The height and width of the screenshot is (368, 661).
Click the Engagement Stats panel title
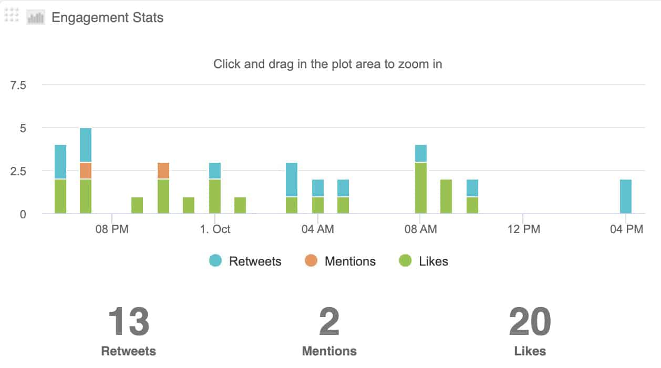click(x=107, y=17)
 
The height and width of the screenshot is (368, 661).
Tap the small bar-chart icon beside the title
click(x=36, y=17)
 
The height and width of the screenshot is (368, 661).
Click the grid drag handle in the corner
click(x=11, y=15)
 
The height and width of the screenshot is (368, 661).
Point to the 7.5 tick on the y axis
click(x=18, y=85)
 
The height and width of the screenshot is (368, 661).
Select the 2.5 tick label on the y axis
click(x=18, y=171)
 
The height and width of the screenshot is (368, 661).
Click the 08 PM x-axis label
click(x=112, y=229)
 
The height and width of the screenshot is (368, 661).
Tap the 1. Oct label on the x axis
click(x=215, y=229)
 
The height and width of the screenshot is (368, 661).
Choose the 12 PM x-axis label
click(x=524, y=229)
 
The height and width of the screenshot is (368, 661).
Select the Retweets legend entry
click(x=255, y=261)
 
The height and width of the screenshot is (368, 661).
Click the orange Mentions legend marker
click(x=311, y=260)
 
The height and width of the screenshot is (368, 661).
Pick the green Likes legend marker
click(x=405, y=260)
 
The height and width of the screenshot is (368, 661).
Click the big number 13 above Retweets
click(x=129, y=322)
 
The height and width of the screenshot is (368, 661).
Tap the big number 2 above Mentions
click(x=329, y=322)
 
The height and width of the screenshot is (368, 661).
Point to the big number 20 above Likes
click(x=530, y=322)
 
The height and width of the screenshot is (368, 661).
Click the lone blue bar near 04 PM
click(x=625, y=196)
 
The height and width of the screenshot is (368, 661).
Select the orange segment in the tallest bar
click(x=86, y=171)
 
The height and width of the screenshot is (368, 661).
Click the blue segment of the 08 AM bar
click(x=421, y=153)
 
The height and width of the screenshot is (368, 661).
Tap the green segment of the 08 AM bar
click(x=421, y=188)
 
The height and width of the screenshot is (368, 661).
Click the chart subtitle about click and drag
click(x=327, y=64)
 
